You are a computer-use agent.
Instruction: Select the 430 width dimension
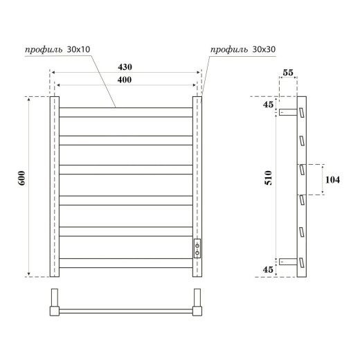[x=125, y=67]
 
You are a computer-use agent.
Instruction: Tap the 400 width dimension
[x=125, y=80]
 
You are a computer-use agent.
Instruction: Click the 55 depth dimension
[x=289, y=72]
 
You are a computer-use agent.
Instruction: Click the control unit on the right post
[x=197, y=248]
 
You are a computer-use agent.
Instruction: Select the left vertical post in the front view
[x=53, y=186]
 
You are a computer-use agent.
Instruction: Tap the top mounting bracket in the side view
[x=287, y=111]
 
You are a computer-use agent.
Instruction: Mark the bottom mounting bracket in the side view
[x=287, y=262]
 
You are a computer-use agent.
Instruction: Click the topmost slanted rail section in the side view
[x=302, y=112]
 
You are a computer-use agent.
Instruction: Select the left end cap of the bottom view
[x=53, y=305]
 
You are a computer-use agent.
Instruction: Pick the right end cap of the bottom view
[x=197, y=305]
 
